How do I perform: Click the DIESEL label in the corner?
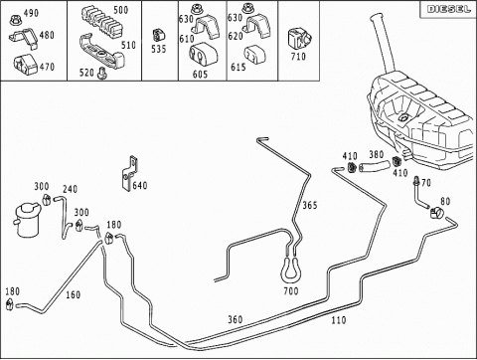coord(448,9)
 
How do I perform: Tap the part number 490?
coord(31,13)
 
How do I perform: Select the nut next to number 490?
coord(15,21)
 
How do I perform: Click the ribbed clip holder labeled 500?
coord(102,22)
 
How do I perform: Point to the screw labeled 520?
coord(101,73)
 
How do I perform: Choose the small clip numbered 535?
coord(159,36)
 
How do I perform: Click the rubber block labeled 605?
coord(203,55)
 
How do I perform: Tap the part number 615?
coord(238,68)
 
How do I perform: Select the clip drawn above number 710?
coord(300,39)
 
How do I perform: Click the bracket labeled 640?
coord(129,174)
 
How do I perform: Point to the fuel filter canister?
coord(28,220)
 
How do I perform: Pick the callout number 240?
coord(70,189)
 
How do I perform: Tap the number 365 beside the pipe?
coord(310,206)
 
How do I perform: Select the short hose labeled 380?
coord(375,166)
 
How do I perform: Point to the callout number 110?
coord(339,320)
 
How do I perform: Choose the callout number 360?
coord(236,319)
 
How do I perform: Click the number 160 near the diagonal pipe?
coord(73,294)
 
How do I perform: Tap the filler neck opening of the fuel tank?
coord(378,17)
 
